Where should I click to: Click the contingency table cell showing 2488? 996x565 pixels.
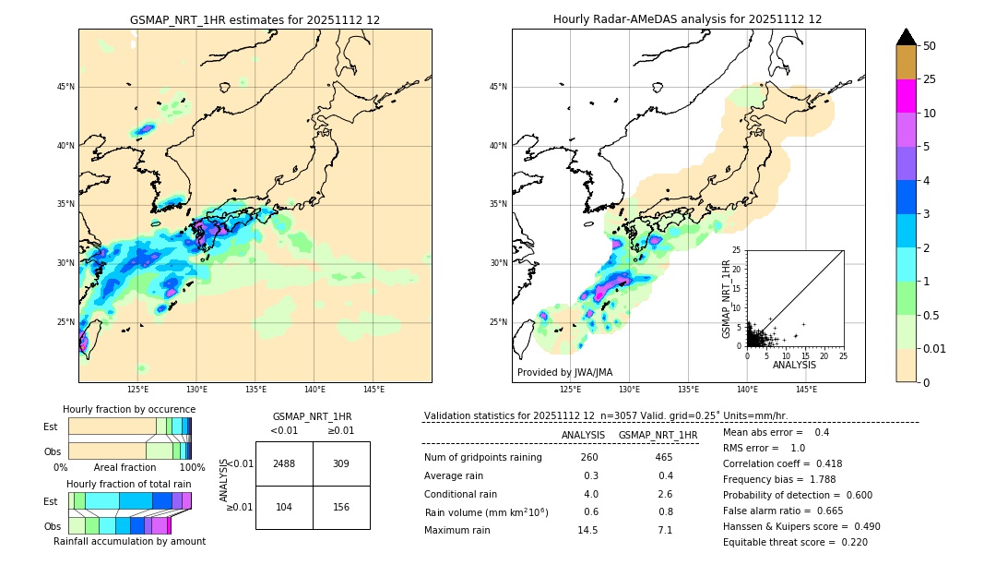[284, 463]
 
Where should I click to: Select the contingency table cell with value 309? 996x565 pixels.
[341, 463]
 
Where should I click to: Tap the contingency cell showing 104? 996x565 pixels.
[284, 507]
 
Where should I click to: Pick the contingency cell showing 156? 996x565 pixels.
[341, 507]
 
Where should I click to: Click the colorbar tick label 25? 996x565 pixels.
[930, 79]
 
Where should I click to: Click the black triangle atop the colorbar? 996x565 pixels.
[907, 37]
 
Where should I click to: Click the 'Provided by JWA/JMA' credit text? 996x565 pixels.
[564, 372]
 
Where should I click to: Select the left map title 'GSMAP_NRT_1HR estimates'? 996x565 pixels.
[255, 19]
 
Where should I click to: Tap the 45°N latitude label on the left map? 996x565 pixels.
[65, 87]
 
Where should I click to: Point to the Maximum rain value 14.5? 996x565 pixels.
[587, 530]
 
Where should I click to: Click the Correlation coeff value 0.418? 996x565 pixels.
[823, 463]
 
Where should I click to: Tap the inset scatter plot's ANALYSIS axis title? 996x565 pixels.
[794, 365]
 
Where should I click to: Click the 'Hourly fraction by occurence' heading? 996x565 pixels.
[128, 409]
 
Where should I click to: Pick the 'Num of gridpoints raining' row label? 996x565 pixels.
[483, 457]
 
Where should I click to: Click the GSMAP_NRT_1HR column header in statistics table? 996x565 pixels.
[658, 435]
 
